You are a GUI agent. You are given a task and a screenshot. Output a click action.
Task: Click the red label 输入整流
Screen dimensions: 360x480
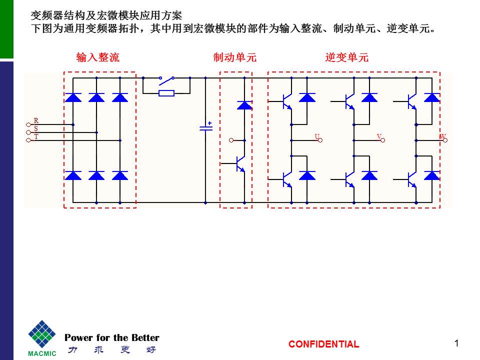[98, 58]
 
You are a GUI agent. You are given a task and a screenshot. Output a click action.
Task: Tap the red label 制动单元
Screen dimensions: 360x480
[235, 58]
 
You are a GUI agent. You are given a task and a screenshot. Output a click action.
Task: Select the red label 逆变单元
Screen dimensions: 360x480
[347, 58]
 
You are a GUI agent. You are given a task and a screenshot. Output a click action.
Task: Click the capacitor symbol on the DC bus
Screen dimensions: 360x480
[205, 128]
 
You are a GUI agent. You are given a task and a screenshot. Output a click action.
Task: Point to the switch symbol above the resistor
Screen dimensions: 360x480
[166, 78]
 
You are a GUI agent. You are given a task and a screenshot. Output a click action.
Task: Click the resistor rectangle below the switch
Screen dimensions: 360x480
[166, 93]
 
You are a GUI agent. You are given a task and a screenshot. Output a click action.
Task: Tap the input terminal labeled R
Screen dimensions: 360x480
[29, 124]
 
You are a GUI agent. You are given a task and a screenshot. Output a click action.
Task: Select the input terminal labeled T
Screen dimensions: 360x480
[29, 140]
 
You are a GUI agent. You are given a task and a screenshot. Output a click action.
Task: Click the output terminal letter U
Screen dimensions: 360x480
[317, 136]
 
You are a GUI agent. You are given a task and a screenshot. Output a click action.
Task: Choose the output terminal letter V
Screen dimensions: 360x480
[379, 136]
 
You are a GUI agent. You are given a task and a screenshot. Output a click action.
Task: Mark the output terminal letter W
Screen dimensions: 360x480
[442, 136]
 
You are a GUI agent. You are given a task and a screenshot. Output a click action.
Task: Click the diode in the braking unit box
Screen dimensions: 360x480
[244, 105]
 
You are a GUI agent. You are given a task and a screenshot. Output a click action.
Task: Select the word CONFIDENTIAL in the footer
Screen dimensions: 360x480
[323, 344]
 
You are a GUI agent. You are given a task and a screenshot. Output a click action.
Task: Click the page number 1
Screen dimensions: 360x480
[456, 342]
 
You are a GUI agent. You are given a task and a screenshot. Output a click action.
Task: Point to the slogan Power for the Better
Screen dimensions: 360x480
[112, 337]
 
